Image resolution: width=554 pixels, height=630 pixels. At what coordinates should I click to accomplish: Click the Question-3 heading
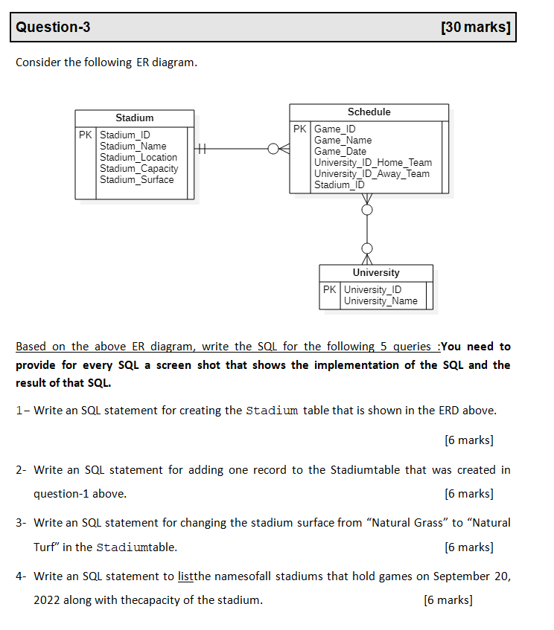pos(53,28)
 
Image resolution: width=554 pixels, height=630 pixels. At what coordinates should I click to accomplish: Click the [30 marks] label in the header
pos(475,28)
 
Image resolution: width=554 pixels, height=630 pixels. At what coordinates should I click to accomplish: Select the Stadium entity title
pos(135,118)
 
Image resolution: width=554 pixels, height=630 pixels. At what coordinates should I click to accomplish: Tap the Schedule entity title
pos(369,112)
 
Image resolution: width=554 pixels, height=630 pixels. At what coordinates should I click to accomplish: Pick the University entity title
pos(376,273)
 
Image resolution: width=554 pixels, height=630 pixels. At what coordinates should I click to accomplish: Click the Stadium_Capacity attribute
pos(139,169)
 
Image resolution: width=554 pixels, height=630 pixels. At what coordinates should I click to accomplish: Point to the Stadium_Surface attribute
pos(137,180)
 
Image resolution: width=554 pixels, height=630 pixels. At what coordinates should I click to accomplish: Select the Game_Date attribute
pos(340,152)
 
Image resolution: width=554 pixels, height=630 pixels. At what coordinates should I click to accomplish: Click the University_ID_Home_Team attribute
pos(373,163)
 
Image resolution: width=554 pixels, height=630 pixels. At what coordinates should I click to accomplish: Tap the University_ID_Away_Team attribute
pos(372,174)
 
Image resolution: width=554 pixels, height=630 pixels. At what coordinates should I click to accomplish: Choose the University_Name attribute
pos(381,301)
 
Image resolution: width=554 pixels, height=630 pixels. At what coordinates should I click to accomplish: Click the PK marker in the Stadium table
pos(86,135)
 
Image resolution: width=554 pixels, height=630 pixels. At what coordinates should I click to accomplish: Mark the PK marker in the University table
pos(330,290)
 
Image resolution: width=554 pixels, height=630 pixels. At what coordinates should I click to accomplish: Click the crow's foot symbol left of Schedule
pos(280,150)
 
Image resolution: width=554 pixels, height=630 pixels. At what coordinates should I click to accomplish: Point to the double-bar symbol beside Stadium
pos(201,150)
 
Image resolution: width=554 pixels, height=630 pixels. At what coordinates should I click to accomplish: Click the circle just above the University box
pos(367,248)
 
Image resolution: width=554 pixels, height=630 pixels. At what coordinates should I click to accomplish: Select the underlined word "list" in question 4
pos(186,576)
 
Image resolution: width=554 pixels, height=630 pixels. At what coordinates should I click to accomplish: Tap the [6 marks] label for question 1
pos(468,440)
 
